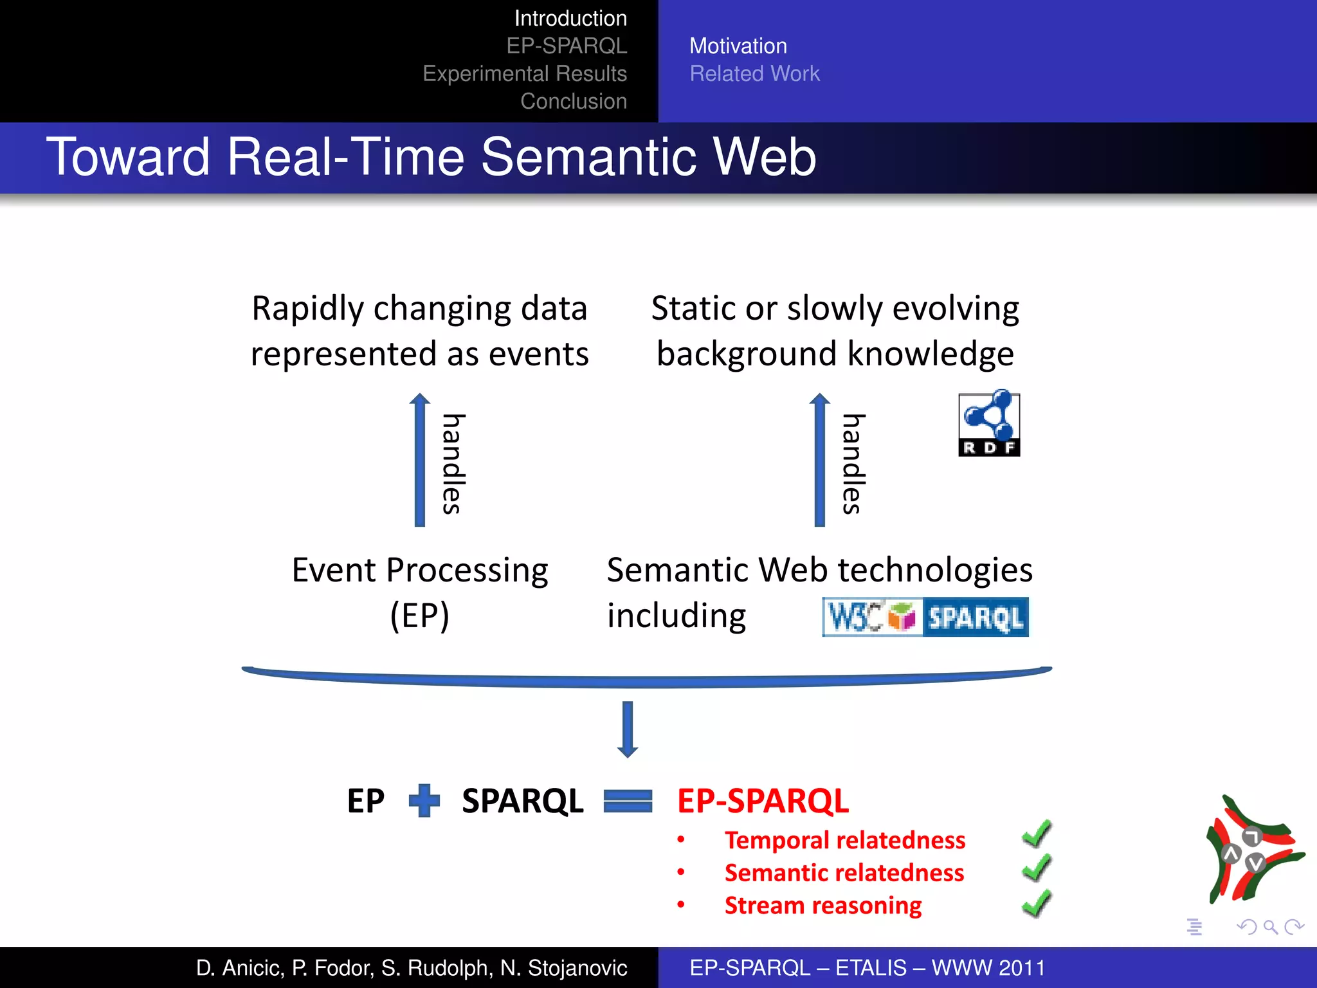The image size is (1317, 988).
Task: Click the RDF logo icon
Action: point(988,423)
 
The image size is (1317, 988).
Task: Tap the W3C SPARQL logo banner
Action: point(925,617)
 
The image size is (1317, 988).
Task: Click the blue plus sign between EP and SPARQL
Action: point(424,801)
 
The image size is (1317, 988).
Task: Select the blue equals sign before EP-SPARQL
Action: point(628,801)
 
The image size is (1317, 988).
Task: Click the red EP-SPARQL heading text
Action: point(763,801)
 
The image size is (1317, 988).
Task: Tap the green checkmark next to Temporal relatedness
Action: point(1036,835)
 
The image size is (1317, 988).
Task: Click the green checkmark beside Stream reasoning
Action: point(1036,903)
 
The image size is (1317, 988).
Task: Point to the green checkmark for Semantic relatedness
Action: point(1036,868)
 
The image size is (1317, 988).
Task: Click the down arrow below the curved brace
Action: point(628,729)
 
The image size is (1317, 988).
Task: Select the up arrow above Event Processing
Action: point(420,460)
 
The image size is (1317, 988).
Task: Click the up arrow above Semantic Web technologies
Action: point(819,460)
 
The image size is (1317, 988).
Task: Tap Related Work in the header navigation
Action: point(754,73)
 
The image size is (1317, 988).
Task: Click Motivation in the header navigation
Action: point(738,46)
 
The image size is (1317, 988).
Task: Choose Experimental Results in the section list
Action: point(525,73)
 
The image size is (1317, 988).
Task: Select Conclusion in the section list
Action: point(574,101)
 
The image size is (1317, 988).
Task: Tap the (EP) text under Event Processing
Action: point(420,616)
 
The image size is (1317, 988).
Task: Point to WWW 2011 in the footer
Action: point(988,967)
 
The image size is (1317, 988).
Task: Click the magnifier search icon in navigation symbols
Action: point(1270,927)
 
